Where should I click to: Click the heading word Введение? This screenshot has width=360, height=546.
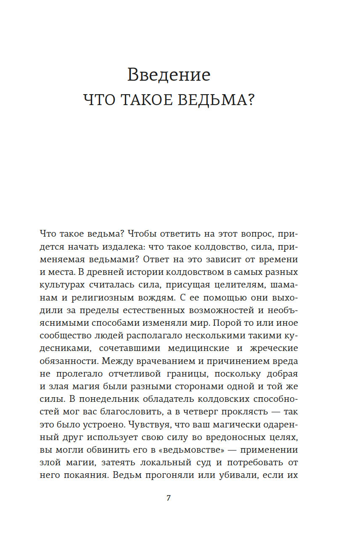(x=169, y=75)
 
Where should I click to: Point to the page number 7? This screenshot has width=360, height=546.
(x=169, y=498)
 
